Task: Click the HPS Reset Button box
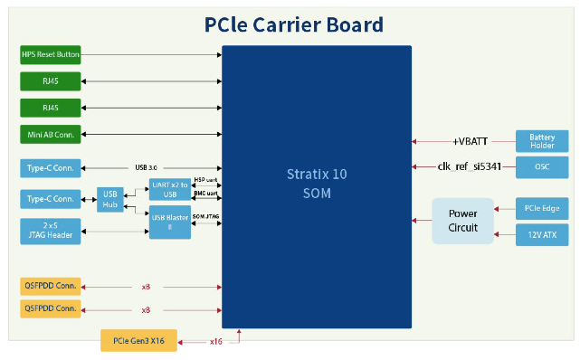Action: [x=50, y=54]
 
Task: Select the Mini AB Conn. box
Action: [x=50, y=135]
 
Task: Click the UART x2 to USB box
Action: [x=170, y=189]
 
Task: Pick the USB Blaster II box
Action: [x=170, y=223]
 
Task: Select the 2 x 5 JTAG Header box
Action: [x=50, y=231]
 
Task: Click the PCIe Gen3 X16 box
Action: [x=138, y=342]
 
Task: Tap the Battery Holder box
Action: [x=541, y=141]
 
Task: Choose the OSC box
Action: [x=541, y=167]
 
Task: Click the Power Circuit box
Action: [x=462, y=221]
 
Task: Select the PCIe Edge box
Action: [x=541, y=208]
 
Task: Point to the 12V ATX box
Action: [x=541, y=235]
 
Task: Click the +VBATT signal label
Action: [x=470, y=141]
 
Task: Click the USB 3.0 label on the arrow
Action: [x=147, y=167]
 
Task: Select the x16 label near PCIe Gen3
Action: [x=215, y=342]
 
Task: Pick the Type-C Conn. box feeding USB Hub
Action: [x=50, y=198]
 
